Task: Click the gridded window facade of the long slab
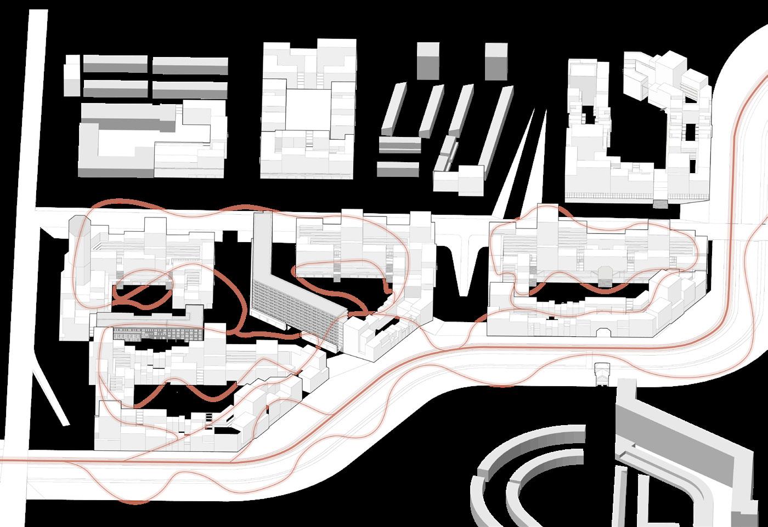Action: tap(291, 307)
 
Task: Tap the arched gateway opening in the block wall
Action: tap(603, 331)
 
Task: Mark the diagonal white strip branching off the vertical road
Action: tap(52, 394)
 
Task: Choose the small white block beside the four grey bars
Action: tap(71, 79)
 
